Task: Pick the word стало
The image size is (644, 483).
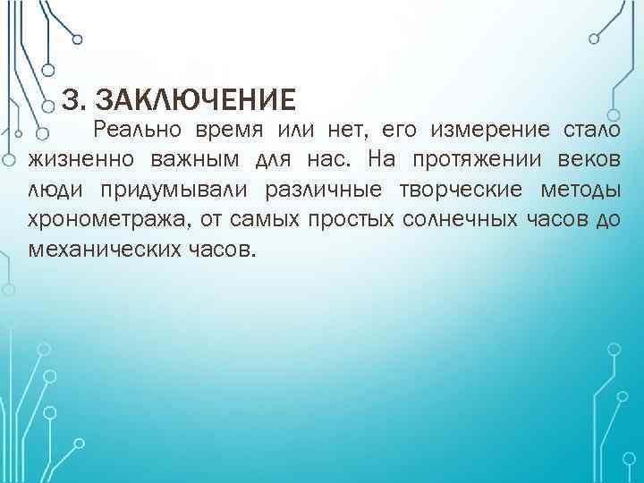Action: click(589, 130)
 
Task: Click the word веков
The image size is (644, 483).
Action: click(585, 160)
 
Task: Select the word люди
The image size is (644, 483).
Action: click(54, 190)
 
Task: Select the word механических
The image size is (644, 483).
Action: click(99, 249)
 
